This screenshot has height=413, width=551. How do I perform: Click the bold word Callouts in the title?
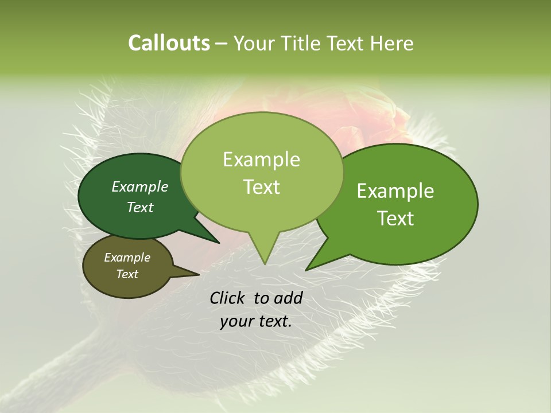coord(169,43)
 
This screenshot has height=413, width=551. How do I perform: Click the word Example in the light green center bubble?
coord(261,159)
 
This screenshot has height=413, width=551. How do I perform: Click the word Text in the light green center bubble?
coord(261,187)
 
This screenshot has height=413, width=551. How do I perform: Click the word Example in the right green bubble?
coord(395,191)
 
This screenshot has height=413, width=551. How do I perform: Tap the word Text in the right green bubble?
coord(396,219)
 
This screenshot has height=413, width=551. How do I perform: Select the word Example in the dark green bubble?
coord(139,186)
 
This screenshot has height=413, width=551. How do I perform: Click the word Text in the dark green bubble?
coord(139,207)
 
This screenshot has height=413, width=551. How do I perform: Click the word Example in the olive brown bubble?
coord(127,258)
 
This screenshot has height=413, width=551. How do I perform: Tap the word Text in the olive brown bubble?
coord(127,274)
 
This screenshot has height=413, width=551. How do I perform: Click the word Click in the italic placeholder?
coord(229,298)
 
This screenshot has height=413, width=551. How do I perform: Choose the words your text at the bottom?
coord(256,322)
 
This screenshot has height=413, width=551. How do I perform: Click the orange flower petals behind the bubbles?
coord(373,120)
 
